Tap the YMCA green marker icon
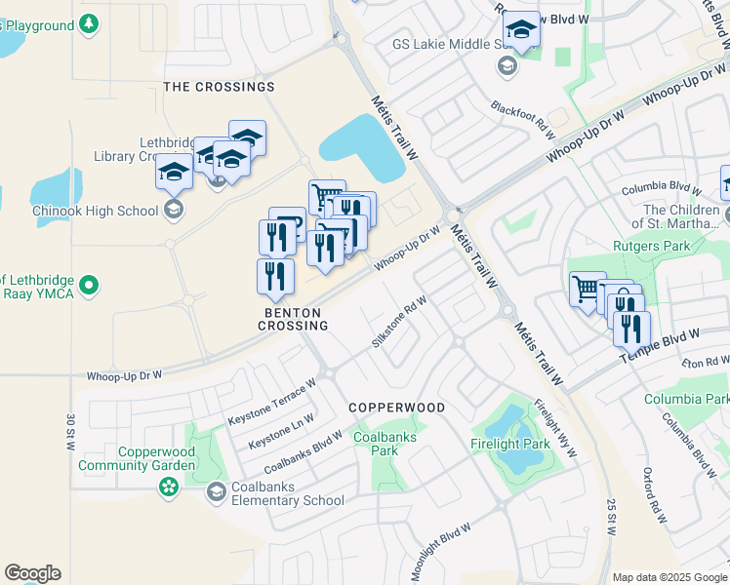tap(89, 286)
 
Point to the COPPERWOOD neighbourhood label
tap(397, 408)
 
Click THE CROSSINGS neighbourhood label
tap(219, 87)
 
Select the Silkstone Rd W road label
tap(400, 322)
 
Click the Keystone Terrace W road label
tap(272, 402)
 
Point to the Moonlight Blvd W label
tap(441, 552)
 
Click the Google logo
tap(32, 573)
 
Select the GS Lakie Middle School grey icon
tap(507, 65)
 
